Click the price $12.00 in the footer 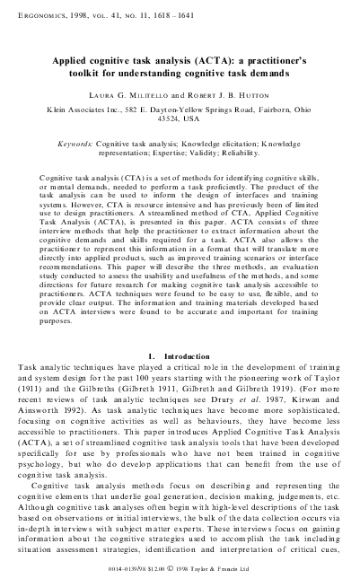(185, 569)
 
